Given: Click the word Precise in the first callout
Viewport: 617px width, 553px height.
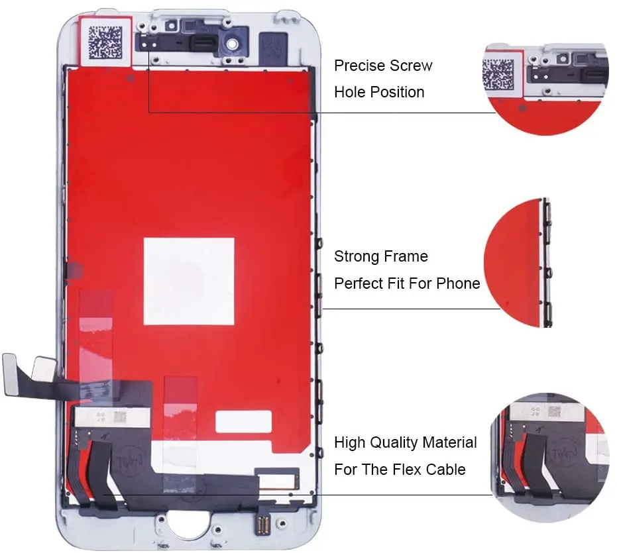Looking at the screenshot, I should coord(359,66).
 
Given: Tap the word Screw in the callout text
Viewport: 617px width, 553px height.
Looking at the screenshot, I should coord(411,66).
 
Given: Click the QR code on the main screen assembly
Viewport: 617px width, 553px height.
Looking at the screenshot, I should coord(105,42).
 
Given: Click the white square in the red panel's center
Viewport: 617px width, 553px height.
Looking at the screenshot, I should coord(189,281).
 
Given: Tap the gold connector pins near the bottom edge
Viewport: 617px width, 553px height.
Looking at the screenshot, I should coord(263,525).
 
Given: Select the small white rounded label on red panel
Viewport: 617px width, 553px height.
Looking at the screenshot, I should coord(243,422).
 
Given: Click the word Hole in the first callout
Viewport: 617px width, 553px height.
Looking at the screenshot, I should coord(349,92).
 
